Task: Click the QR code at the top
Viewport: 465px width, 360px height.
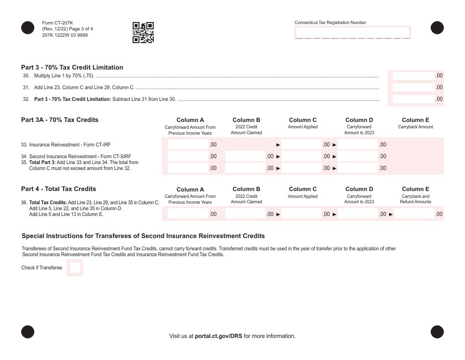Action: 143,33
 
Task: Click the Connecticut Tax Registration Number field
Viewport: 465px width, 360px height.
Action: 352,33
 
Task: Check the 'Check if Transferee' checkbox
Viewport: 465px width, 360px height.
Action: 75,268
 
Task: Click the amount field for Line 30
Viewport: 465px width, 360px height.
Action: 413,76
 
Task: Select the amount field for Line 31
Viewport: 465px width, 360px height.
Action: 413,88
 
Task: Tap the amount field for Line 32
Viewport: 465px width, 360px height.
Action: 413,99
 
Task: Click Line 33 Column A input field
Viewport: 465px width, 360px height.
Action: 188,145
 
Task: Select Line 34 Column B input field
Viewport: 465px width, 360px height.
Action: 245,157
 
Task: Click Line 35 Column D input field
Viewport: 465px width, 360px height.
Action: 357,168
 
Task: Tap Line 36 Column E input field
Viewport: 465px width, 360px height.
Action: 414,214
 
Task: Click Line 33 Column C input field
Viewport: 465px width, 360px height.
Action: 301,145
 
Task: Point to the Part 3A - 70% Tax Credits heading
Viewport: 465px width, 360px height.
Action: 60,120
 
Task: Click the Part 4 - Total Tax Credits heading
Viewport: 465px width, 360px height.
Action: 58,189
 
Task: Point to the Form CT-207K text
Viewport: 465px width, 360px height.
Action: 57,23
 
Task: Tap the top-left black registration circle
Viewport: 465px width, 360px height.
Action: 28,28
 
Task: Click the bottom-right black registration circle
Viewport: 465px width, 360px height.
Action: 437,332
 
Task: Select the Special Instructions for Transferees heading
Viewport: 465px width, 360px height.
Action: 143,236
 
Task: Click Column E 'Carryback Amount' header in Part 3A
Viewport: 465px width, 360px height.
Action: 415,123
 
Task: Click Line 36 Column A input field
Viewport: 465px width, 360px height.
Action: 188,214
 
